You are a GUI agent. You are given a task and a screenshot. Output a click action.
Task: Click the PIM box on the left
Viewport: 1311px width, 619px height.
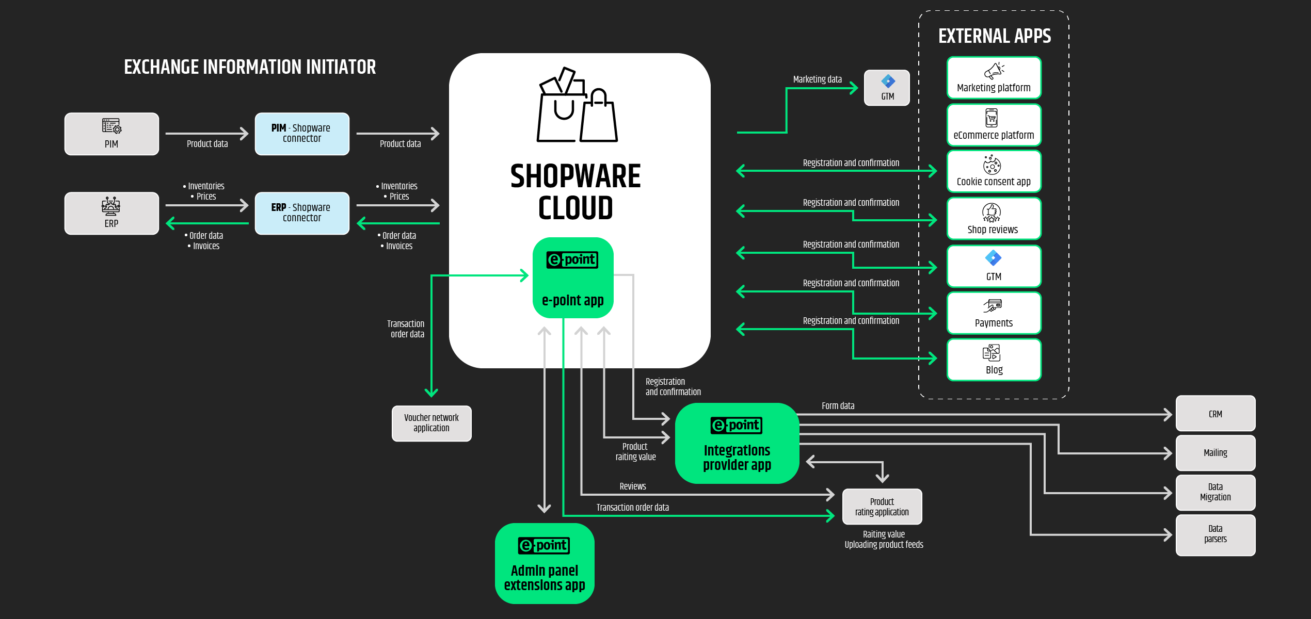click(x=111, y=134)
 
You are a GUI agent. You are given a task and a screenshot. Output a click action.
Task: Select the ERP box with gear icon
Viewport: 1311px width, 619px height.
click(x=111, y=214)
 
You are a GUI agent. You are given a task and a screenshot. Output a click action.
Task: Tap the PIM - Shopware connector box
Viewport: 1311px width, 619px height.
click(x=302, y=134)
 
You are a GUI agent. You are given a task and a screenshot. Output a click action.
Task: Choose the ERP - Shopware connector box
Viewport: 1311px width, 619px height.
click(x=302, y=214)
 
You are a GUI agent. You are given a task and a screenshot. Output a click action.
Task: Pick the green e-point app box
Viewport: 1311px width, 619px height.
click(x=573, y=278)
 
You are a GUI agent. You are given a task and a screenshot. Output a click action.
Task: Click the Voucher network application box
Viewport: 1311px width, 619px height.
click(x=431, y=423)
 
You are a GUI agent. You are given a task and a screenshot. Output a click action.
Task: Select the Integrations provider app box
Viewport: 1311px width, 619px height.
click(x=737, y=444)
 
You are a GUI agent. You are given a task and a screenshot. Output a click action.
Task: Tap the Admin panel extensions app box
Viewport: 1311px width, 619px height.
click(x=545, y=564)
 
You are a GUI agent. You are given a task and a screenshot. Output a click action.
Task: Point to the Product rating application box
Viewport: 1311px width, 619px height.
click(x=882, y=507)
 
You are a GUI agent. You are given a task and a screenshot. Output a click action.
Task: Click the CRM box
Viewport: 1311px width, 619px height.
click(x=1216, y=414)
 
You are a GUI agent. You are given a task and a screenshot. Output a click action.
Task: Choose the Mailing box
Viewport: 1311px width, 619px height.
click(x=1216, y=453)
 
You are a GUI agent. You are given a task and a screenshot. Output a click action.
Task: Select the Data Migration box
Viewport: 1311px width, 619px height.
click(x=1216, y=493)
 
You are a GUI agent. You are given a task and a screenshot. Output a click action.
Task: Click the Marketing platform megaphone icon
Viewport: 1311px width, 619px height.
click(x=994, y=70)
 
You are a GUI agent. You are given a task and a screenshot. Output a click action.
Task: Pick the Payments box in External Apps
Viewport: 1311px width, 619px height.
click(x=994, y=313)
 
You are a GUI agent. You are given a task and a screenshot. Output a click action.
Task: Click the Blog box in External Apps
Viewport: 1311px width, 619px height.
click(x=994, y=360)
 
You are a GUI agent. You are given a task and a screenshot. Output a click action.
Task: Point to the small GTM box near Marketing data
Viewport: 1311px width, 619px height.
click(x=887, y=88)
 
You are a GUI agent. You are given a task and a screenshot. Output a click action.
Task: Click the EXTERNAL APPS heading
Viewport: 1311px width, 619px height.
click(x=995, y=36)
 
